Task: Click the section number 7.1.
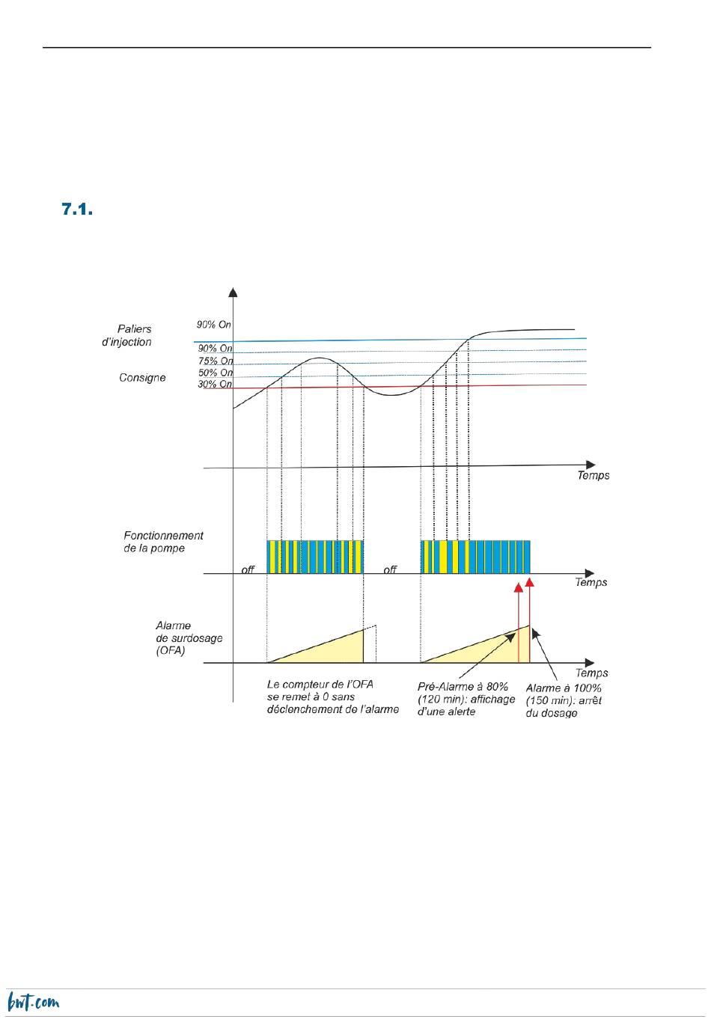pyautogui.click(x=77, y=209)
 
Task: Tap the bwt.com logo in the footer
pyautogui.click(x=34, y=1002)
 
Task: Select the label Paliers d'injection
pyautogui.click(x=127, y=335)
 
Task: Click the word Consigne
pyautogui.click(x=142, y=377)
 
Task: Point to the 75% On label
pyautogui.click(x=216, y=361)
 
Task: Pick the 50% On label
pyautogui.click(x=216, y=373)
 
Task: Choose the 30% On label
pyautogui.click(x=215, y=384)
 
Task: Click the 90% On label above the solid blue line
pyautogui.click(x=213, y=325)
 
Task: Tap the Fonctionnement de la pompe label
pyautogui.click(x=163, y=542)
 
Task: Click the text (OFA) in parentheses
pyautogui.click(x=171, y=651)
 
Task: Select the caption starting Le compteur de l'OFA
pyautogui.click(x=333, y=697)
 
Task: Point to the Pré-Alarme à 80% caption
pyautogui.click(x=466, y=699)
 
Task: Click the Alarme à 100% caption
pyautogui.click(x=564, y=700)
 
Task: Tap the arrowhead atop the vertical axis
pyautogui.click(x=233, y=293)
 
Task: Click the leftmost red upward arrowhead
pyautogui.click(x=519, y=587)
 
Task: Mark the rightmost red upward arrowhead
pyautogui.click(x=530, y=582)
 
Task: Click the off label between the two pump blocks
pyautogui.click(x=390, y=570)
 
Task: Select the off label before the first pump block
pyautogui.click(x=248, y=570)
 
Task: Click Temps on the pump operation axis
pyautogui.click(x=591, y=582)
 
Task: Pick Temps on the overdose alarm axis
pyautogui.click(x=592, y=673)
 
